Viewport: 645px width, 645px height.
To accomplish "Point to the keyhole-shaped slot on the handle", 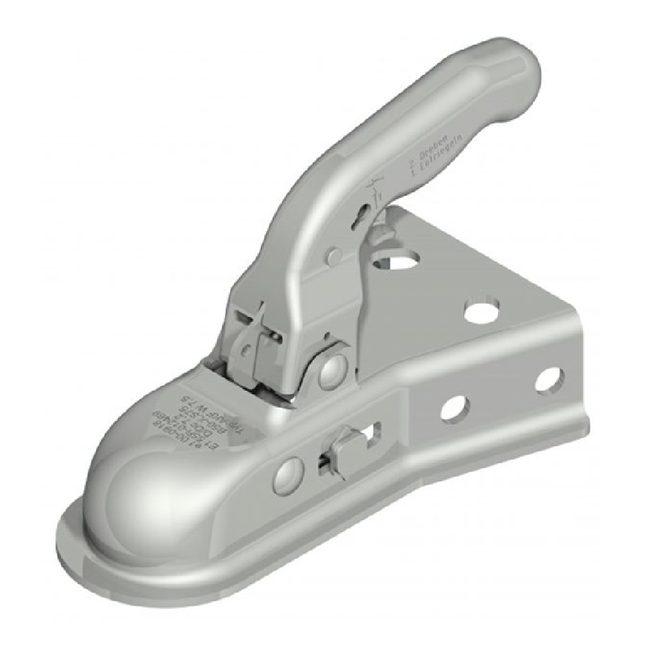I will [x=362, y=215].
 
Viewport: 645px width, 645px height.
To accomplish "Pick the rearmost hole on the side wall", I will [x=548, y=380].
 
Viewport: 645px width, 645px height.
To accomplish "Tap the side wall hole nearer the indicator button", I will [x=453, y=408].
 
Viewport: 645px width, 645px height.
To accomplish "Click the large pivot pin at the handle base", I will [x=332, y=367].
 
